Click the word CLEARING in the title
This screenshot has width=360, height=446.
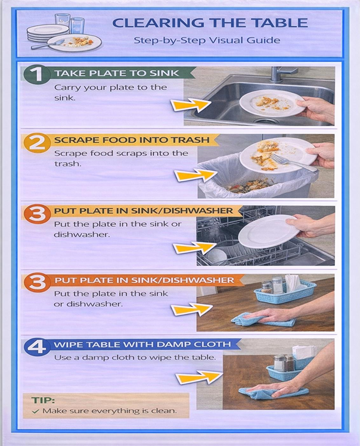157,23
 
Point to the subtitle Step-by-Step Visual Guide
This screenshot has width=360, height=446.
207,40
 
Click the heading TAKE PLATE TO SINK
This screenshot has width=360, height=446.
117,73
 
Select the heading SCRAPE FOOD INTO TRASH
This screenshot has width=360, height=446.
132,140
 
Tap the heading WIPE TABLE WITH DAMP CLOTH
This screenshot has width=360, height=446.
142,344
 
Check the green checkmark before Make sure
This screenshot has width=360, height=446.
35,411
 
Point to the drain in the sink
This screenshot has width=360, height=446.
266,121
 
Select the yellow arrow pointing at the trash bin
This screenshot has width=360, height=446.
195,174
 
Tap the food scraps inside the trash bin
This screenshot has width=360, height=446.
248,186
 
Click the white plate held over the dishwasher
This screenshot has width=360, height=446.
269,232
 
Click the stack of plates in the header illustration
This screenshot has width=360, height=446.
48,33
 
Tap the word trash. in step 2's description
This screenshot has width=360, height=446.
66,164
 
